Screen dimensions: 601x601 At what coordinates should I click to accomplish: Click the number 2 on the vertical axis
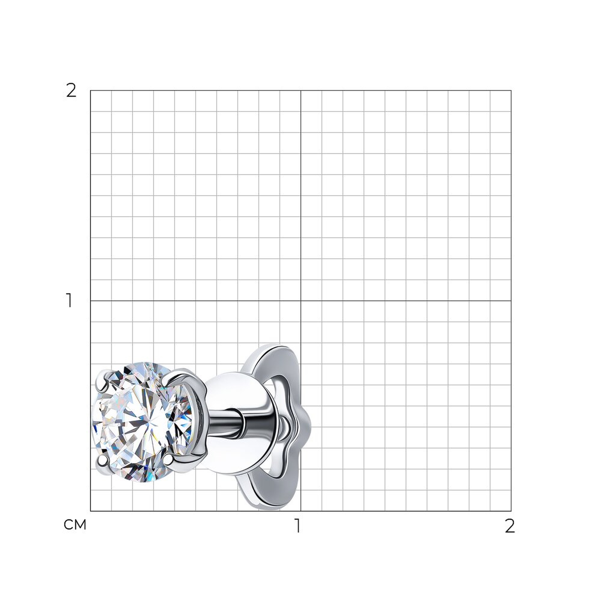click(x=71, y=91)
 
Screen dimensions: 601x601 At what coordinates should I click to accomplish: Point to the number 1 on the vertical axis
click(x=69, y=300)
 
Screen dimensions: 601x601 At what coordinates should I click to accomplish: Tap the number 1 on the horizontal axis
click(x=298, y=526)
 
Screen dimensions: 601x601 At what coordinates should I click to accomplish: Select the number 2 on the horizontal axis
click(x=510, y=526)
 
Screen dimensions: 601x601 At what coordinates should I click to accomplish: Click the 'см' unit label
click(x=75, y=525)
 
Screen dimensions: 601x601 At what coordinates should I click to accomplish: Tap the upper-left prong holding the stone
click(x=102, y=380)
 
